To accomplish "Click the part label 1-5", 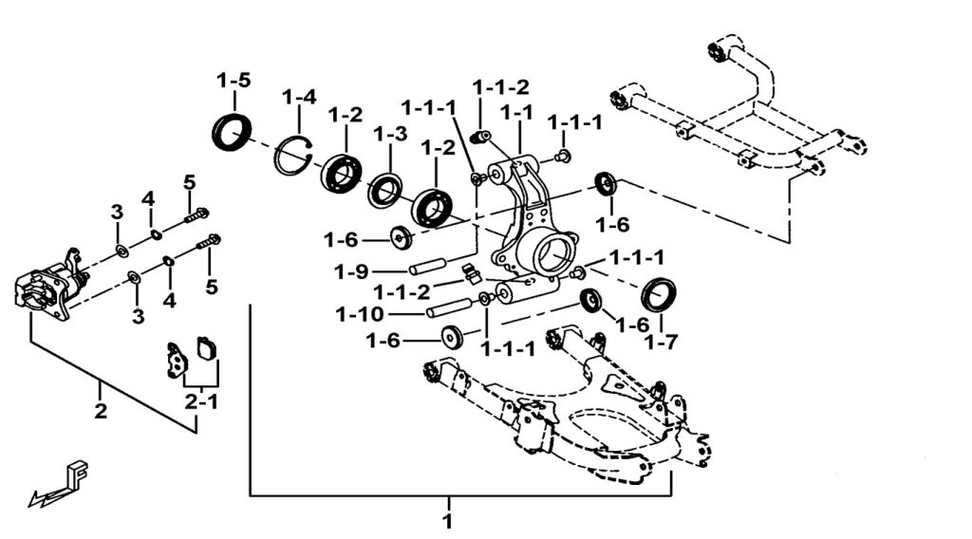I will point(233,81).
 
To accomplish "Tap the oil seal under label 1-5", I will point(233,131).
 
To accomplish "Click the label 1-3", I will point(389,134).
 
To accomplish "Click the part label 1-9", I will point(351,272).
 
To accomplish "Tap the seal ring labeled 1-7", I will point(659,294).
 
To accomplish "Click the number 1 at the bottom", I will point(448,521).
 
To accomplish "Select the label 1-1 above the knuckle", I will point(516,113).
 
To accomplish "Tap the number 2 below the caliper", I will point(101,412).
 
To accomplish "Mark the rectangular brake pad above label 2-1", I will point(206,349).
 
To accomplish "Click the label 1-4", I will point(298,98).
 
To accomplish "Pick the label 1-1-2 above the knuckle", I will point(501,87).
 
